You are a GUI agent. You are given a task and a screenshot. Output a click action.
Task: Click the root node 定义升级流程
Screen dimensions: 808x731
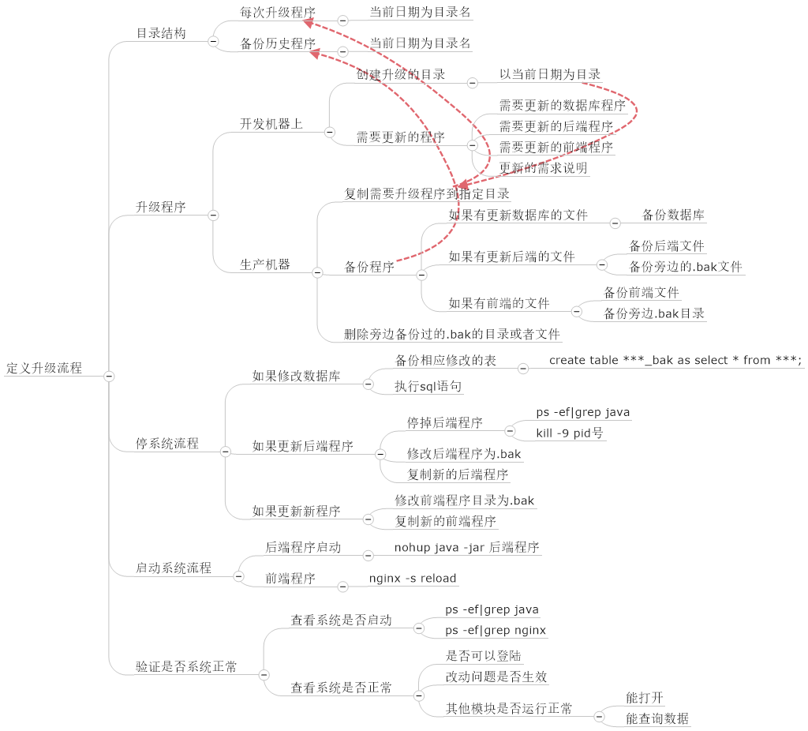[x=44, y=369]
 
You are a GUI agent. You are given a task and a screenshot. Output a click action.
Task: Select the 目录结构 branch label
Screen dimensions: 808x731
[x=161, y=34]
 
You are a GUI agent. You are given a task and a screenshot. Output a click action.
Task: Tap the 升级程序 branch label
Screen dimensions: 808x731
[x=161, y=208]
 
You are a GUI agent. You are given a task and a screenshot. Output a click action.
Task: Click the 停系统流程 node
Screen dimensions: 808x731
[x=167, y=444]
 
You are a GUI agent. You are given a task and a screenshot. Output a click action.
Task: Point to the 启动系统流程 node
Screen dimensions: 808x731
[x=174, y=568]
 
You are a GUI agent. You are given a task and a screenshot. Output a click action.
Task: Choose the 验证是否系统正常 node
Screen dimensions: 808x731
[x=186, y=667]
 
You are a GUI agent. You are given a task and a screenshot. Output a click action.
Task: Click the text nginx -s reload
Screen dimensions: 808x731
[x=413, y=579]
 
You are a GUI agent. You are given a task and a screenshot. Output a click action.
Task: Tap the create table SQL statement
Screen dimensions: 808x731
[x=675, y=361]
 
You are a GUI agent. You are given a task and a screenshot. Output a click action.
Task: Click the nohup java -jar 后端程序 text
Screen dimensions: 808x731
[x=466, y=547]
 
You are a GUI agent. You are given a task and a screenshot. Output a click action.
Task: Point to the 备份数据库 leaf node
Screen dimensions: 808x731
[x=673, y=215]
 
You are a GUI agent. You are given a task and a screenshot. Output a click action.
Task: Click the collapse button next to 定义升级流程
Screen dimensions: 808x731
[x=110, y=376]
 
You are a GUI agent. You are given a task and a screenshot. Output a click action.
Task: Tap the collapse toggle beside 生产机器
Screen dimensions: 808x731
[x=317, y=272]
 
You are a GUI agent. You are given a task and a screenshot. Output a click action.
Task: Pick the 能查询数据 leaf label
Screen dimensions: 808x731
[x=657, y=718]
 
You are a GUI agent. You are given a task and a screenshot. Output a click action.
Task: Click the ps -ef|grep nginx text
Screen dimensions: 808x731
[x=496, y=631]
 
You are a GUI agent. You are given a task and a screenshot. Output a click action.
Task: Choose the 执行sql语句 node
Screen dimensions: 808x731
[x=428, y=387]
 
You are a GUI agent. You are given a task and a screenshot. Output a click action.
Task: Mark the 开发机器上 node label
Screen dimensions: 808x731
[x=271, y=124]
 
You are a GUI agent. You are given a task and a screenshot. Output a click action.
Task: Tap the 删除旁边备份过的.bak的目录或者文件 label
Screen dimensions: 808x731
[x=452, y=334]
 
